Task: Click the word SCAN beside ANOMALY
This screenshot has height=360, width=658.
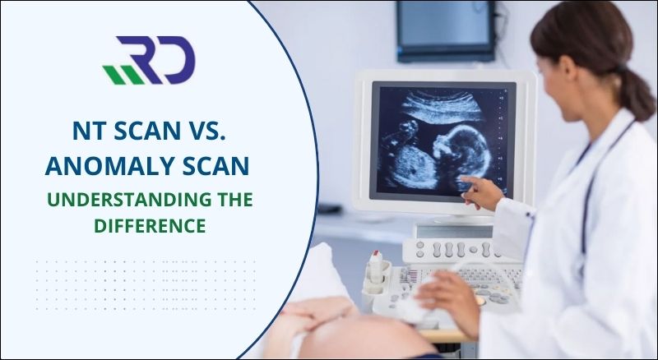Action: pos(213,165)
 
